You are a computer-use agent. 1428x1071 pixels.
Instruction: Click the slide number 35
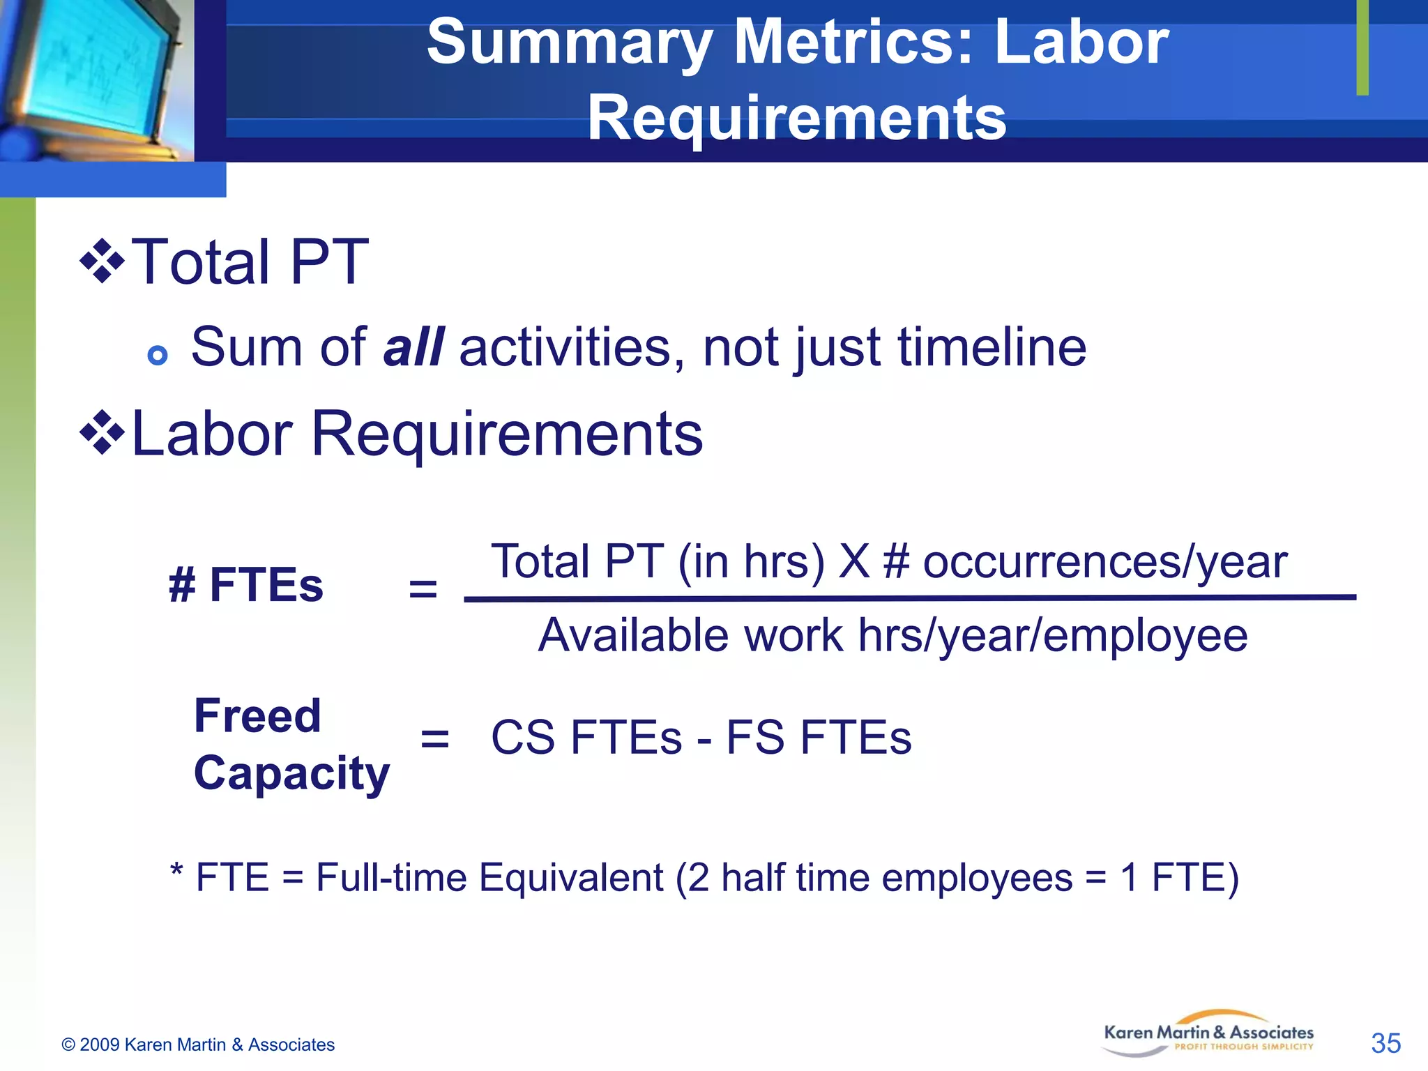[x=1385, y=1044]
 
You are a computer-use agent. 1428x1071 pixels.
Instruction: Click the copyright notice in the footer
[x=198, y=1045]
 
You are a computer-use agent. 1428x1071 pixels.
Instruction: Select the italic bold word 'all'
[x=413, y=347]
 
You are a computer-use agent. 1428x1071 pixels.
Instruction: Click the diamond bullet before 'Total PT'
[x=102, y=261]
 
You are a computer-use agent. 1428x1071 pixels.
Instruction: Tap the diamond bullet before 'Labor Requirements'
[x=102, y=433]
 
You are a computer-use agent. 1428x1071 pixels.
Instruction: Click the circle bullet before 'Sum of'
[x=158, y=356]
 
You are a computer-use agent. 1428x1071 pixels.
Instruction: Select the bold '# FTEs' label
[x=246, y=584]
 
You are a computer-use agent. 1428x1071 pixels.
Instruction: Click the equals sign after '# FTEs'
[x=423, y=588]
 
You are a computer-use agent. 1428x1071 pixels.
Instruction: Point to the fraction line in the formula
[x=910, y=598]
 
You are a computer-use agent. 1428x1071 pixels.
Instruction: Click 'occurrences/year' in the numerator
[x=1105, y=561]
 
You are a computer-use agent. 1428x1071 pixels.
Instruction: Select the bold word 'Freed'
[x=257, y=715]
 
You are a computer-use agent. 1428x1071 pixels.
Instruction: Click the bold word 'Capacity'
[x=291, y=773]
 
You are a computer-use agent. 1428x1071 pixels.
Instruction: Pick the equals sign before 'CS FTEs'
[x=435, y=738]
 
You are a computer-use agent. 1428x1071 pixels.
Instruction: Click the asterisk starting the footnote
[x=177, y=871]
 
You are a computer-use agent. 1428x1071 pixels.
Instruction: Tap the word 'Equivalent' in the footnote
[x=571, y=877]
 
